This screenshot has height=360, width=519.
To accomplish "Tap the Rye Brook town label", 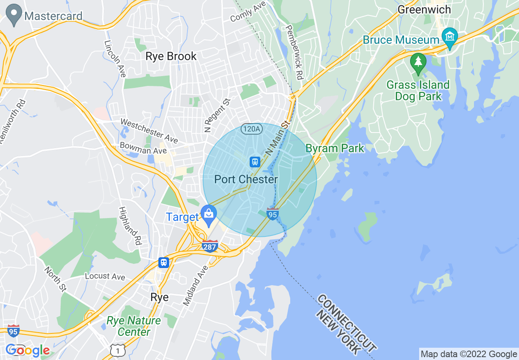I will [x=171, y=56].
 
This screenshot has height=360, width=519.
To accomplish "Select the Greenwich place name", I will [x=424, y=9].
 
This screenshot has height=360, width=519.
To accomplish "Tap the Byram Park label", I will [x=335, y=148].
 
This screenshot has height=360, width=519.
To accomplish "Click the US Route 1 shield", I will [x=117, y=349].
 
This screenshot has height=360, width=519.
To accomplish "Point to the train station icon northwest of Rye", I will [x=164, y=262].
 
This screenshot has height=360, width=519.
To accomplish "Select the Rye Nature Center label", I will [x=134, y=326].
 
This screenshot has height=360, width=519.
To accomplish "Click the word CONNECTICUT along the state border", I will [x=346, y=323].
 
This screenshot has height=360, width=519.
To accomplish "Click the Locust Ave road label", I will [x=105, y=277].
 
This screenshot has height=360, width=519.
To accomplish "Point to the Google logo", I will [x=28, y=350].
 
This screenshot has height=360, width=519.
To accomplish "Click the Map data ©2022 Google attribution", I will [x=469, y=354].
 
